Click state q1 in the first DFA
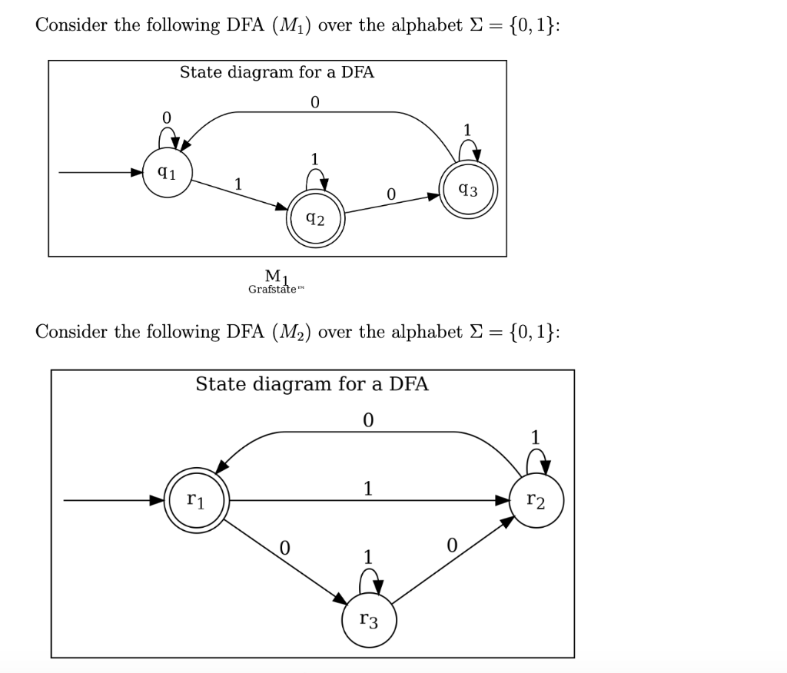168,174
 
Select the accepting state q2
315,220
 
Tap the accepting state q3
467,190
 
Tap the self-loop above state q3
470,151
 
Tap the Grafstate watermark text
272,290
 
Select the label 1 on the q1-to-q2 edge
238,184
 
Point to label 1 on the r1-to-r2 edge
368,488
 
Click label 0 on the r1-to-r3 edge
284,547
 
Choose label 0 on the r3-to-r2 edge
452,545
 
